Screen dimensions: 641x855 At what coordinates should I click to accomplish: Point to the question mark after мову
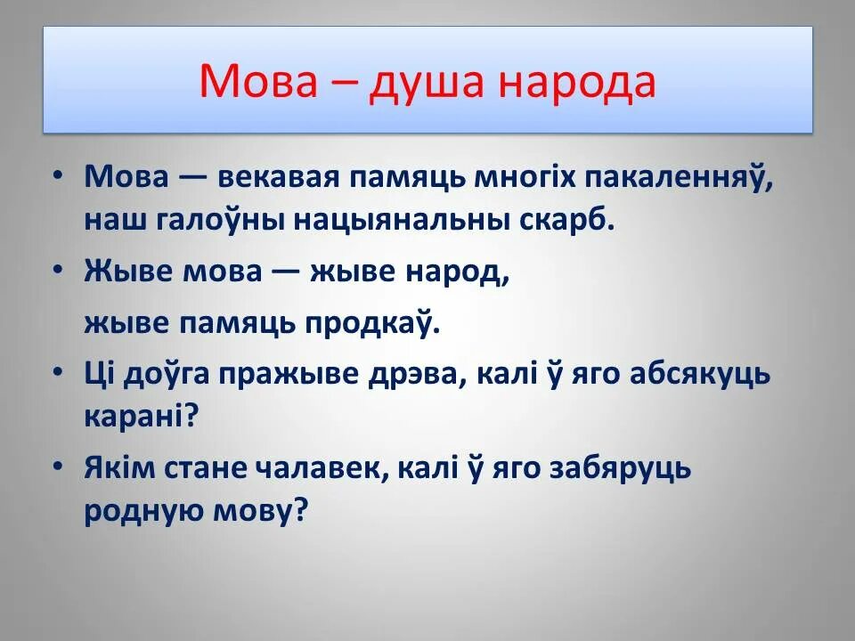click(299, 512)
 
